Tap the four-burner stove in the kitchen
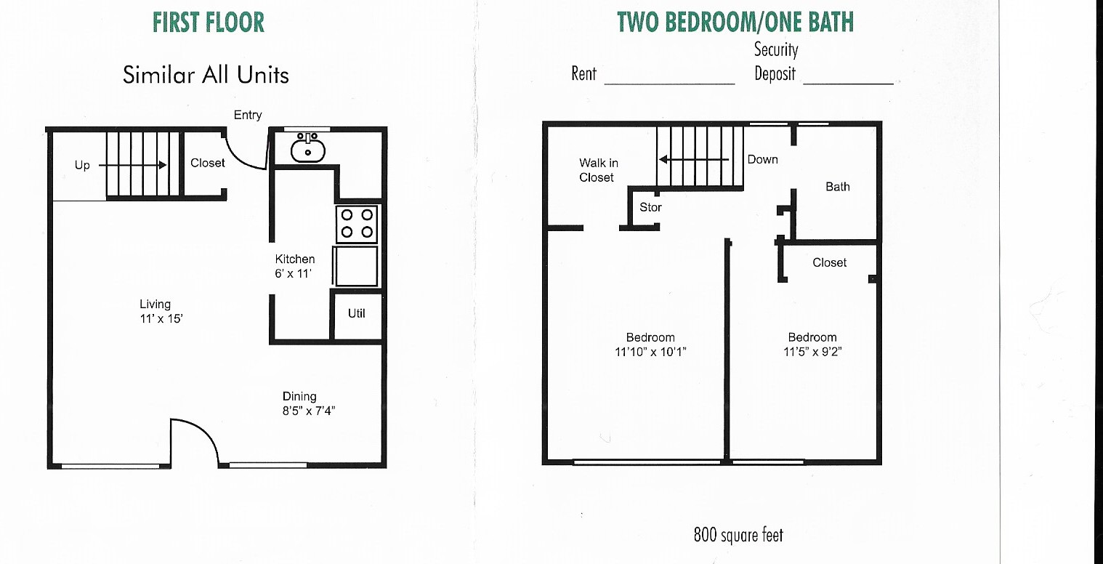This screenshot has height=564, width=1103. click(x=357, y=224)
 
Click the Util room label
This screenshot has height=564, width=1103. click(x=357, y=313)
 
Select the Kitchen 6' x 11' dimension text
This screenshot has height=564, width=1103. click(x=294, y=273)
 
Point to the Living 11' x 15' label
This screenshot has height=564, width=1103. click(x=161, y=311)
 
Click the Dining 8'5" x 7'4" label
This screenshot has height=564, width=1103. click(x=309, y=403)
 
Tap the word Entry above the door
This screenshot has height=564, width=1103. click(x=248, y=116)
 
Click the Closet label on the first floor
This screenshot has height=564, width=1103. click(x=207, y=163)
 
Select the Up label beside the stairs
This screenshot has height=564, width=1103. click(x=82, y=166)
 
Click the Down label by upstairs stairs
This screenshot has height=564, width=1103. click(x=763, y=160)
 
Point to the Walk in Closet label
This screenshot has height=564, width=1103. click(x=598, y=170)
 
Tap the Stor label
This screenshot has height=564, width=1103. click(x=650, y=207)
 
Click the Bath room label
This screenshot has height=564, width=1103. click(x=838, y=187)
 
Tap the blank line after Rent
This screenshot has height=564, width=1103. click(x=670, y=84)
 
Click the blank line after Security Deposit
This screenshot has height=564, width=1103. click(x=849, y=84)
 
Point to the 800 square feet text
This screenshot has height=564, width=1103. click(x=738, y=534)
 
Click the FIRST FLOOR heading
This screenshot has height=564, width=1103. click(x=209, y=22)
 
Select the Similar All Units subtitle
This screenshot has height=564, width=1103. click(x=206, y=75)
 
